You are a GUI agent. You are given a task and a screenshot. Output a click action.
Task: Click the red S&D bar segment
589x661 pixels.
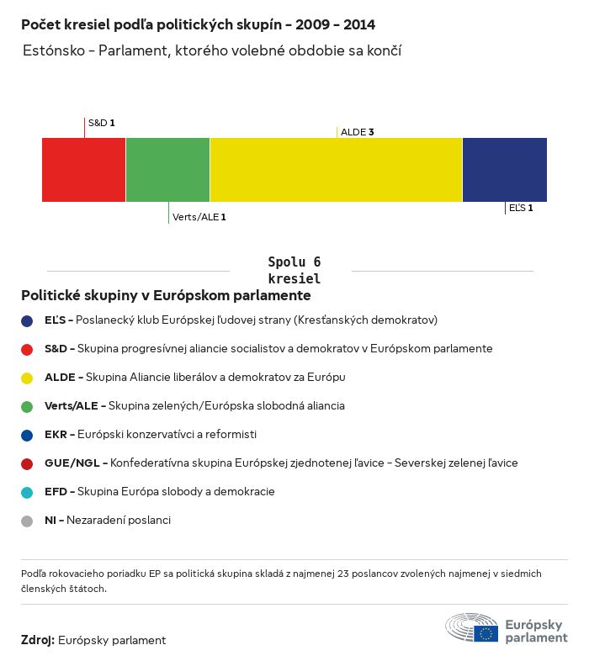click(x=83, y=170)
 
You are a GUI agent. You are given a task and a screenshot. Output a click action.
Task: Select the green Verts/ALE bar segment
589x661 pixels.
click(x=167, y=170)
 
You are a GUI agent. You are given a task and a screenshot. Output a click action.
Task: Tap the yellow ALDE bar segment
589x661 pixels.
click(x=336, y=170)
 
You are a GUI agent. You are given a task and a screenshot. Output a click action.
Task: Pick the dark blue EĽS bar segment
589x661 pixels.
click(x=504, y=170)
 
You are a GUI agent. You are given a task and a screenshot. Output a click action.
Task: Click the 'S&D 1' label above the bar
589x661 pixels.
click(x=101, y=123)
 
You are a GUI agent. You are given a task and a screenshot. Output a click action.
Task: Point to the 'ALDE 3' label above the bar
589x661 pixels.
click(x=357, y=132)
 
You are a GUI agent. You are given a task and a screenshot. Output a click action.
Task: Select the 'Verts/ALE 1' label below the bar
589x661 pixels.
click(x=199, y=217)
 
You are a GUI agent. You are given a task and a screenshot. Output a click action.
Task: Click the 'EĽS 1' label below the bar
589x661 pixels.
click(x=520, y=207)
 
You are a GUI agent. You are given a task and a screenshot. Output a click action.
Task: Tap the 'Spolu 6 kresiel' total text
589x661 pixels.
click(x=294, y=270)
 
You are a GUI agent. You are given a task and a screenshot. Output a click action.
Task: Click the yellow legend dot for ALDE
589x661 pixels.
click(x=27, y=378)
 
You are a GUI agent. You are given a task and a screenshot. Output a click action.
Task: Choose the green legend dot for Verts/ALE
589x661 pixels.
click(x=27, y=406)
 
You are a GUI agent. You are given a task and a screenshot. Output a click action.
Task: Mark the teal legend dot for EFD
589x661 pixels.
click(x=27, y=492)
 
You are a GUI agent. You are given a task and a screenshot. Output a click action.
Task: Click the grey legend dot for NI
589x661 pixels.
click(x=27, y=521)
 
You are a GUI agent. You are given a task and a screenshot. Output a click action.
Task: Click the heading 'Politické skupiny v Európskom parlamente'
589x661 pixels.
click(x=166, y=296)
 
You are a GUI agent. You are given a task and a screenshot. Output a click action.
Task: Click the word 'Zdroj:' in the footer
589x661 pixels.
click(x=38, y=640)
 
